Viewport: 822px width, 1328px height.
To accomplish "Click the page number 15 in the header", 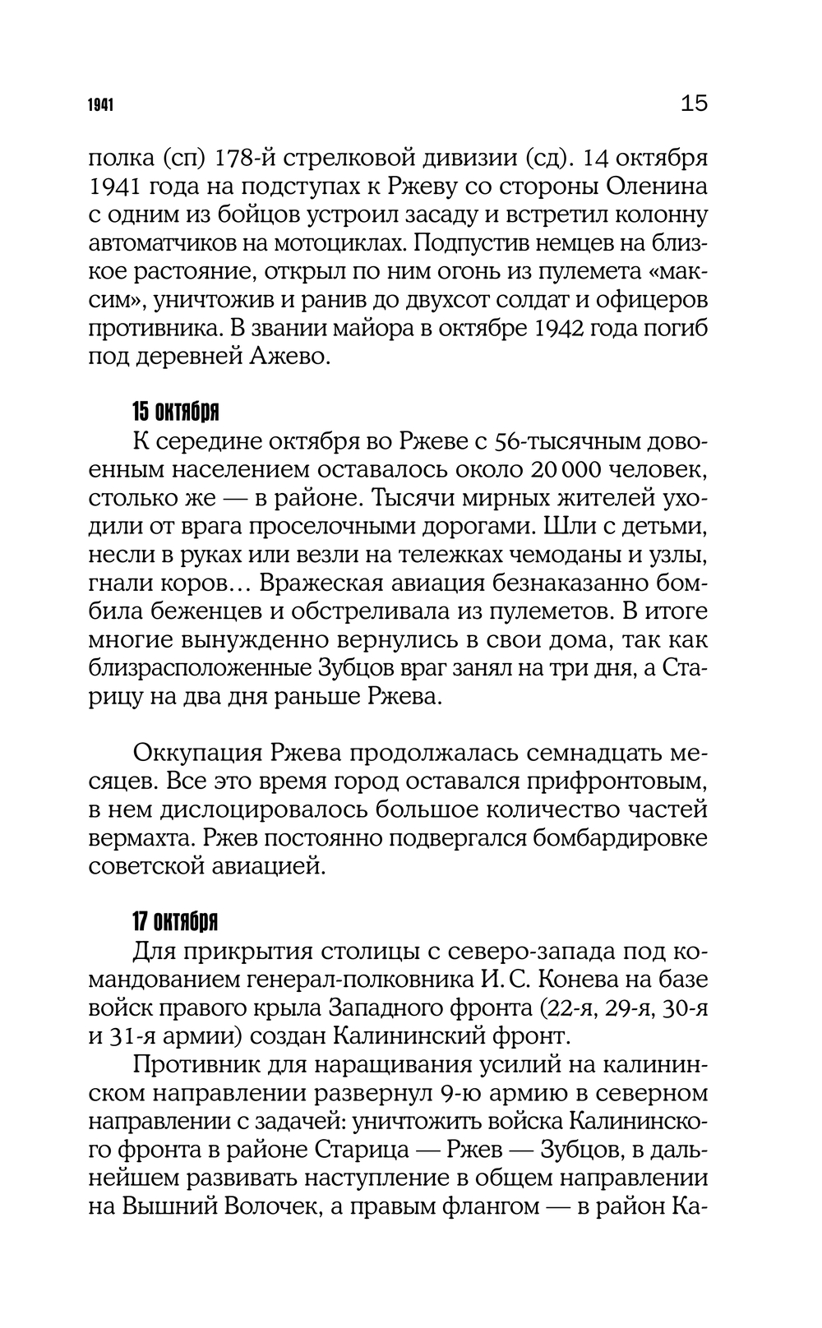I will pos(694,104).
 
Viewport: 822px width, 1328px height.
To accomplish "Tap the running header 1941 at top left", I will pos(101,106).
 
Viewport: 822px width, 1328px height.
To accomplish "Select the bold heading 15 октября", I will pos(175,411).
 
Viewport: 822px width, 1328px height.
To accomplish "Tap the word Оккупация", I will pos(192,753).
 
